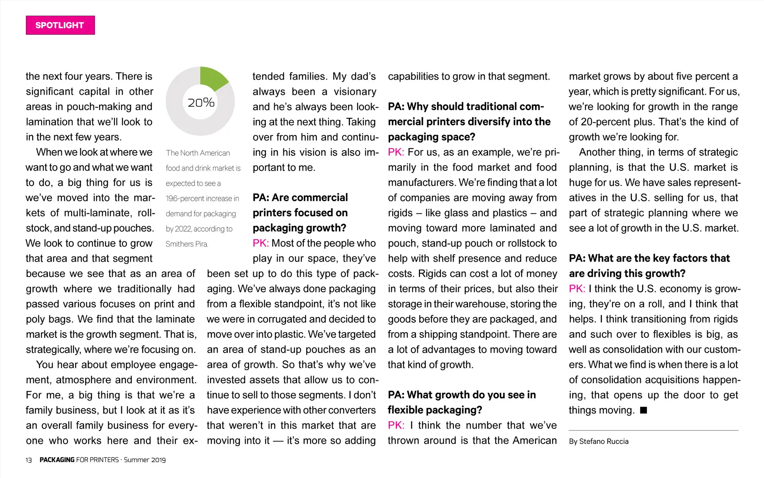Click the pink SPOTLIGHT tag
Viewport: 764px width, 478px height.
tap(60, 25)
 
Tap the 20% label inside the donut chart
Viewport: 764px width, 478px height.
tap(201, 103)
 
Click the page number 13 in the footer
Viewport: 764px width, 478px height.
tap(29, 460)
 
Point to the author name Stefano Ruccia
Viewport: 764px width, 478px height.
tap(604, 441)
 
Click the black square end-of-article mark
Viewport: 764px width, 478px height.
tap(643, 410)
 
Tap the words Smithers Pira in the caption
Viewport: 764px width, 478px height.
tap(187, 244)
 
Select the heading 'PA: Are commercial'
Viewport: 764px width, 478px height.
tap(300, 198)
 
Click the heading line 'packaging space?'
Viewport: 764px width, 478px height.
tap(432, 137)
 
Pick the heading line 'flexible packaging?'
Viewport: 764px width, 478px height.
tap(435, 410)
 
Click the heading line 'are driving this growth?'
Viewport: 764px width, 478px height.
tap(627, 273)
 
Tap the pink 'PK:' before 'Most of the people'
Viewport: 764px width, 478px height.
tap(261, 243)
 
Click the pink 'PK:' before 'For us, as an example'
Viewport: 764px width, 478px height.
tap(396, 152)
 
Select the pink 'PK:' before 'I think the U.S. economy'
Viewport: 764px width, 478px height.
tap(577, 288)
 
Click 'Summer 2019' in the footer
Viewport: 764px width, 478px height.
tap(145, 460)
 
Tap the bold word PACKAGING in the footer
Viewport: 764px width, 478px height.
tap(57, 460)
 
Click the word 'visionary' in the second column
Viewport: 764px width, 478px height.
tap(355, 92)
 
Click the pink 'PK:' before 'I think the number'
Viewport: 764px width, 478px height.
tap(396, 425)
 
